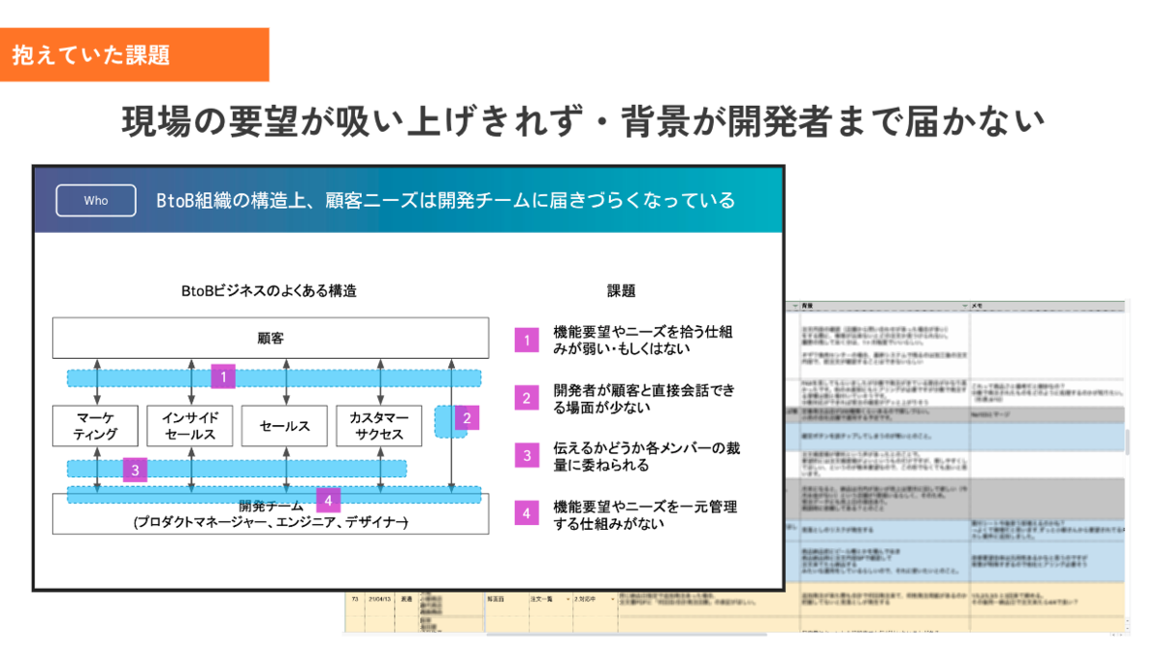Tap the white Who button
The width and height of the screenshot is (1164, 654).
[96, 201]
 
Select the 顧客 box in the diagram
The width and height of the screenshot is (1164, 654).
[271, 339]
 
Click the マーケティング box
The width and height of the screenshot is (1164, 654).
[96, 426]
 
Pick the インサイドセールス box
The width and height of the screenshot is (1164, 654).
[190, 426]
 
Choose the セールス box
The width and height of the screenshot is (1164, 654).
[285, 426]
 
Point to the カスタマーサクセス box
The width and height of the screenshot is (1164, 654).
[379, 426]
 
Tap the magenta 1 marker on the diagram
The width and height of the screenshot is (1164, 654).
[223, 376]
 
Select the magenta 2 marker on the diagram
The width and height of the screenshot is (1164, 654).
[467, 419]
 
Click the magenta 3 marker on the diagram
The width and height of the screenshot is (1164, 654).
[135, 471]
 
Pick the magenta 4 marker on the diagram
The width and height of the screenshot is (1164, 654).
[329, 501]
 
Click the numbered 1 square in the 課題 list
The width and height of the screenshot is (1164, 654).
[527, 340]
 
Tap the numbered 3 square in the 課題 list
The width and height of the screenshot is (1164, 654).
[527, 456]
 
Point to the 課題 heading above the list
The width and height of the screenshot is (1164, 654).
[621, 290]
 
